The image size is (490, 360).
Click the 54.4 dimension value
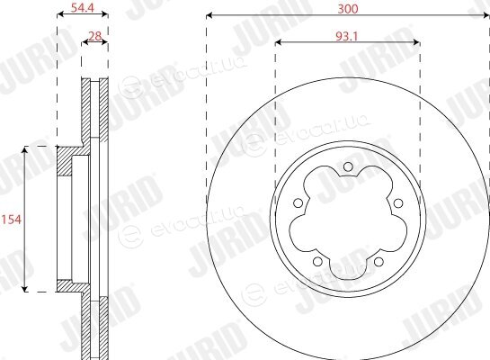click(x=83, y=7)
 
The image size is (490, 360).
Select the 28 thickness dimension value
click(x=95, y=36)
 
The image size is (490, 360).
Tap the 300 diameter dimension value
click(x=348, y=9)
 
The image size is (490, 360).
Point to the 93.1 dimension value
click(x=346, y=37)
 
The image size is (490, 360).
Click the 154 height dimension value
click(x=12, y=220)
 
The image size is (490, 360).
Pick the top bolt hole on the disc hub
click(x=348, y=166)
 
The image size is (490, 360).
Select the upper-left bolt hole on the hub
click(x=298, y=203)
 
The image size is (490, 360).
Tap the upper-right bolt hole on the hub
click(x=398, y=203)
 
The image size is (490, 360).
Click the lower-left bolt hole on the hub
click(x=317, y=261)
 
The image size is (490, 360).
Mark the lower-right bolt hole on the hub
click(x=379, y=262)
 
